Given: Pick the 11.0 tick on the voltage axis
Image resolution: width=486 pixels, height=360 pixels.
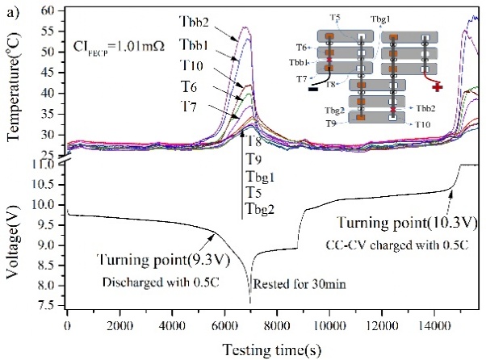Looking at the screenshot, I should tap(48, 164).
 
